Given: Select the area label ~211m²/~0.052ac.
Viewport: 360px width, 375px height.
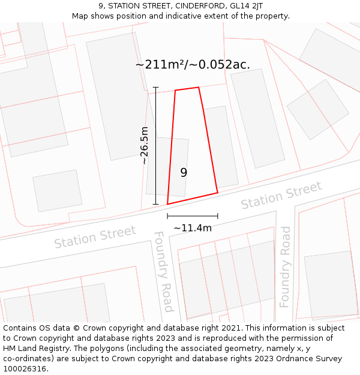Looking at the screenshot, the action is tap(193, 64).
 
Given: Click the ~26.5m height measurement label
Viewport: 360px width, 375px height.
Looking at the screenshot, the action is tap(144, 145).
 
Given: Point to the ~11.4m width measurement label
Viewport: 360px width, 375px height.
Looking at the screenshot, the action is tap(193, 228).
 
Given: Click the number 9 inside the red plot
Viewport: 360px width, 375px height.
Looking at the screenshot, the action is tap(184, 172).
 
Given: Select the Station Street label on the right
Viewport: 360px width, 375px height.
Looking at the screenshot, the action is tap(281, 196).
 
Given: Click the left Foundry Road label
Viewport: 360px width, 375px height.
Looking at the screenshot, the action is tap(164, 271).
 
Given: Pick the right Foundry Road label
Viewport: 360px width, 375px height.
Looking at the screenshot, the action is tap(286, 266).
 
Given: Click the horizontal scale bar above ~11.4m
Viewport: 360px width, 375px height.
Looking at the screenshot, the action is tap(193, 216).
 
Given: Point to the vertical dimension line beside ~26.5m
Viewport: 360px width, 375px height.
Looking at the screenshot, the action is tap(155, 145).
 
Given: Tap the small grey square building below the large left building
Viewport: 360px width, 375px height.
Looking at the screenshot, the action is tap(57, 190).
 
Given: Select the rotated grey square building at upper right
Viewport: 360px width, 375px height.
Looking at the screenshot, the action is tap(317, 110).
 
